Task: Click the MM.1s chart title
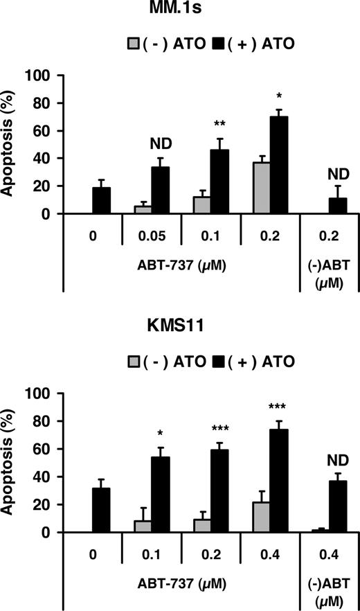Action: pyautogui.click(x=179, y=13)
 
